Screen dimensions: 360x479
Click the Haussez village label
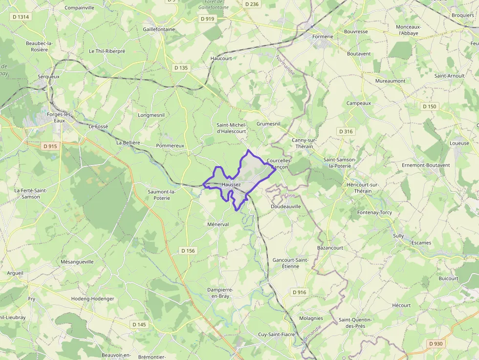pyautogui.click(x=231, y=185)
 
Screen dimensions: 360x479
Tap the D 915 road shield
pyautogui.click(x=50, y=146)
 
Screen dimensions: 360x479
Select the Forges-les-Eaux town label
pyautogui.click(x=59, y=117)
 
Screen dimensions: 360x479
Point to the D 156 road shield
pyautogui.click(x=188, y=251)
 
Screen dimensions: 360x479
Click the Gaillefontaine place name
pyautogui.click(x=159, y=29)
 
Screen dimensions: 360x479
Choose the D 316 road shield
pyautogui.click(x=345, y=131)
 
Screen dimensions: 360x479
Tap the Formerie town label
pyautogui.click(x=323, y=37)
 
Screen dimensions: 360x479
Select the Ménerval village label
pyautogui.click(x=218, y=224)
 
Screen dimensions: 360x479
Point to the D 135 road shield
pyautogui.click(x=180, y=68)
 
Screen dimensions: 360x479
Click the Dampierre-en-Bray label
pyautogui.click(x=218, y=293)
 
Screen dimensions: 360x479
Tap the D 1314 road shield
pyautogui.click(x=21, y=17)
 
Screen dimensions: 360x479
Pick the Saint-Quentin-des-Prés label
pyautogui.click(x=355, y=323)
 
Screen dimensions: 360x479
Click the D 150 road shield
pyautogui.click(x=429, y=106)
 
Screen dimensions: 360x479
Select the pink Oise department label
pyautogui.click(x=290, y=195)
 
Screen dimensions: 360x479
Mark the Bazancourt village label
pyautogui.click(x=330, y=248)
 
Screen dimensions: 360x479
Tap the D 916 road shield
pyautogui.click(x=299, y=292)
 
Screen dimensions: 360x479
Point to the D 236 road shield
pyautogui.click(x=251, y=4)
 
